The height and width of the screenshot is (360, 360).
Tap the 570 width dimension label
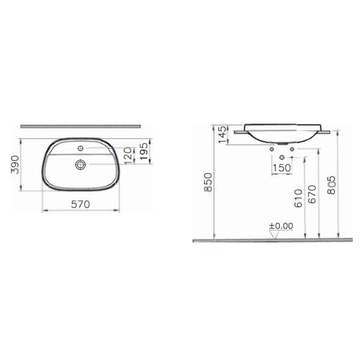[80, 205]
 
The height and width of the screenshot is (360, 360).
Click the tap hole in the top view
[80, 148]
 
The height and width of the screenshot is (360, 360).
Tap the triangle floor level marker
[275, 235]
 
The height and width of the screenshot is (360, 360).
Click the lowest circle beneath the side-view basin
[282, 157]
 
